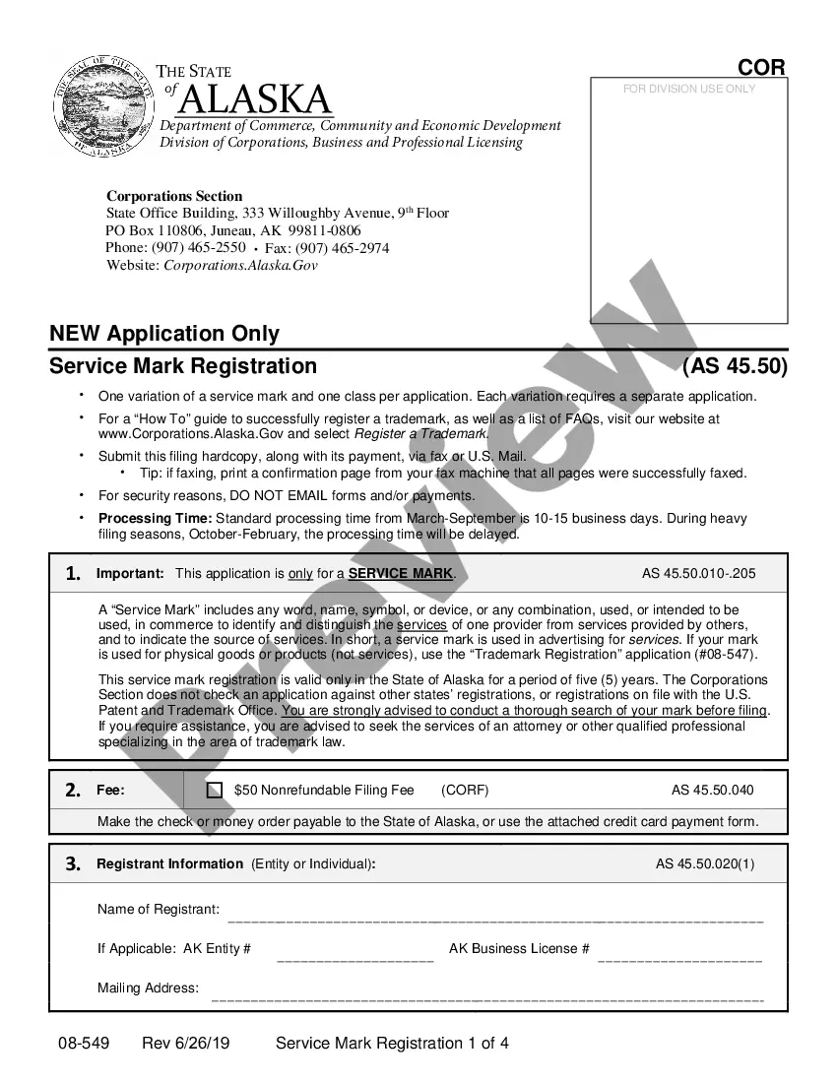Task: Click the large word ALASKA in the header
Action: click(256, 99)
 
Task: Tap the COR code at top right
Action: click(761, 68)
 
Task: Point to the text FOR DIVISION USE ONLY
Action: click(689, 89)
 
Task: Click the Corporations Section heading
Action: click(174, 196)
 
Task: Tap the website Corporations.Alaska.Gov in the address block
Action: click(240, 266)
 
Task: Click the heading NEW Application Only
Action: click(164, 334)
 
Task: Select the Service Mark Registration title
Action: click(183, 366)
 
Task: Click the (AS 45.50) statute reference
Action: click(735, 366)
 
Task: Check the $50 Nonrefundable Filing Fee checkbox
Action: click(215, 790)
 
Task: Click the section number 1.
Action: click(73, 574)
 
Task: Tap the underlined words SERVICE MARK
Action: click(401, 574)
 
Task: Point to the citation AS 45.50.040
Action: click(712, 790)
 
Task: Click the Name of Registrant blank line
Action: click(495, 919)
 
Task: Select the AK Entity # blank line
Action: click(355, 958)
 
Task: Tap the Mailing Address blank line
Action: click(487, 997)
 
